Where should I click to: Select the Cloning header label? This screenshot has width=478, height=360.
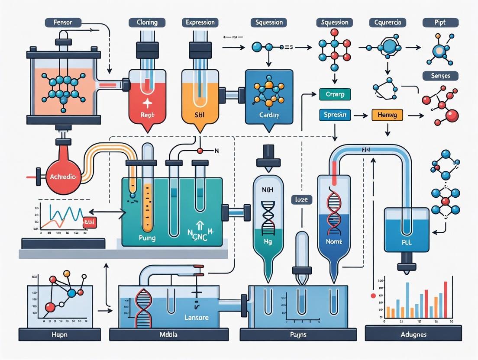coord(147,22)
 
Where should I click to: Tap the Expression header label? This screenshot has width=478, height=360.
coord(200,22)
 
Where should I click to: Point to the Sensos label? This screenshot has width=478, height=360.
coord(440,76)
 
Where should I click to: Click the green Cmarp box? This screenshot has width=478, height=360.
coord(335,94)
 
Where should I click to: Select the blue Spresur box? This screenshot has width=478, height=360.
coord(335,115)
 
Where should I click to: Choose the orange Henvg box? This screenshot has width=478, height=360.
coord(387,115)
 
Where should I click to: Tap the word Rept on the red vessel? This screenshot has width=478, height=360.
coord(148,116)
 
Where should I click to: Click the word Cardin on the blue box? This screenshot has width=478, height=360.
coord(269,116)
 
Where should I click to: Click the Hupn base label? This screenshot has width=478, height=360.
coord(59,334)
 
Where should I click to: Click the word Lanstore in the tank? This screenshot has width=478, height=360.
coord(196,318)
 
